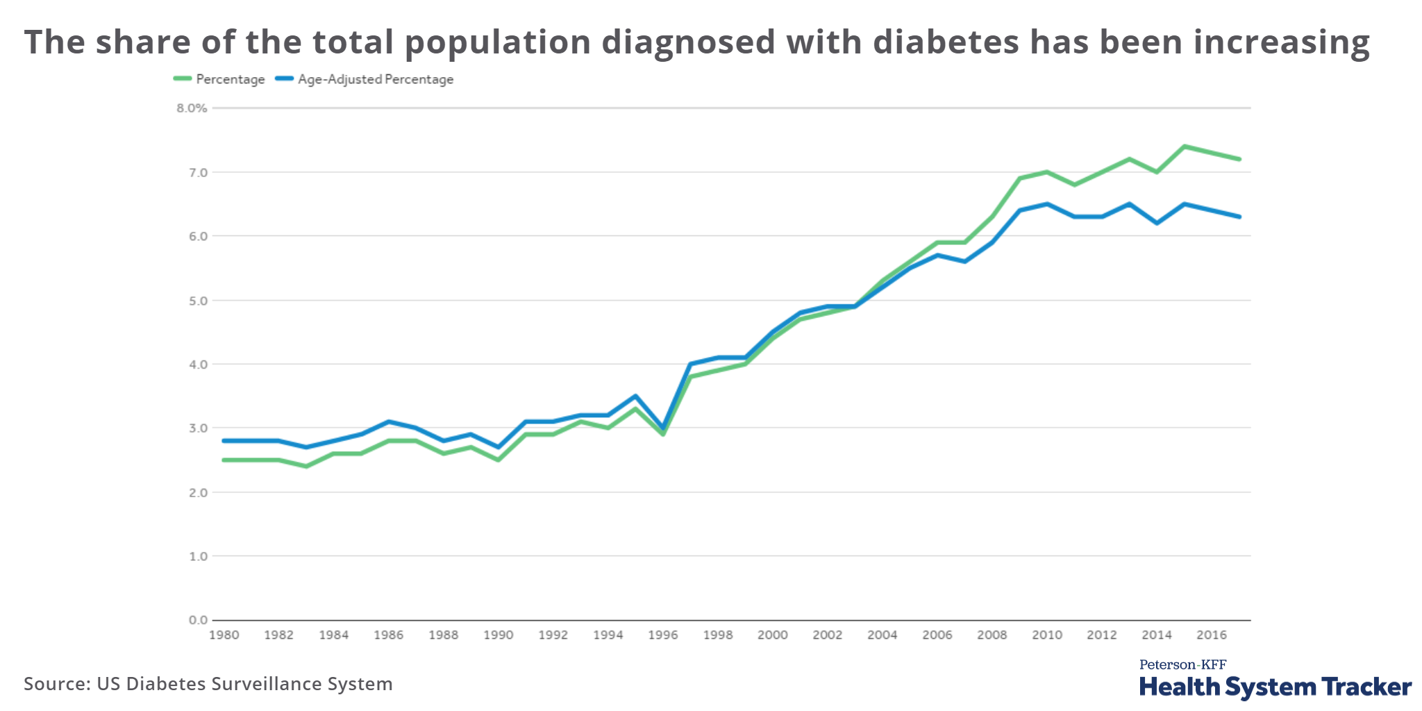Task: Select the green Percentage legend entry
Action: (x=219, y=79)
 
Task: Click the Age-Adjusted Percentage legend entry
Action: (x=365, y=79)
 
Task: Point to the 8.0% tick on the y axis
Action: (x=192, y=108)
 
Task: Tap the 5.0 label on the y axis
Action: (x=197, y=301)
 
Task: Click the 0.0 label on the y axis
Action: (x=197, y=620)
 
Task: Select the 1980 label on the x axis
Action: (x=224, y=635)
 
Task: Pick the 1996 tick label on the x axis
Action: (x=662, y=635)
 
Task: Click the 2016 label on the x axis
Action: (x=1212, y=635)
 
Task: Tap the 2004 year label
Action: (x=882, y=635)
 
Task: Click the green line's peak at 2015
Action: (x=1185, y=147)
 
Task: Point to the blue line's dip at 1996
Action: (x=663, y=428)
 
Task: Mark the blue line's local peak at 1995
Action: (x=635, y=396)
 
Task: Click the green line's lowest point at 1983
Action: (x=306, y=467)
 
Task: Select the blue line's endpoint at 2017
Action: (x=1239, y=217)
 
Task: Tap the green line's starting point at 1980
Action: (x=224, y=460)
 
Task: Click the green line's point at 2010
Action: (x=1047, y=172)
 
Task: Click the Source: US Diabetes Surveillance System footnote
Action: (x=208, y=684)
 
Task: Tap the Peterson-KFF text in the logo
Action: (x=1182, y=664)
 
